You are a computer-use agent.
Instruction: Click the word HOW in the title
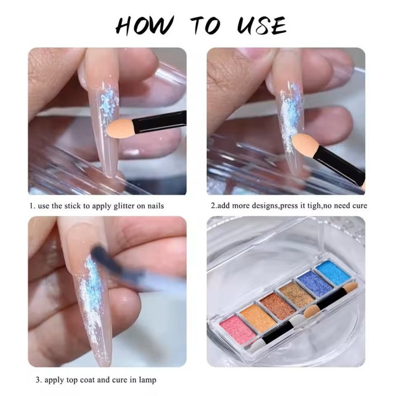click(x=145, y=26)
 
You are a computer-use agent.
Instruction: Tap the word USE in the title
click(x=261, y=26)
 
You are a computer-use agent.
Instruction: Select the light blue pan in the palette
click(x=333, y=273)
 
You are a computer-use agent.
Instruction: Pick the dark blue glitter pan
click(x=315, y=285)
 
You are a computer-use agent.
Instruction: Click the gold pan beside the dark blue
click(x=296, y=295)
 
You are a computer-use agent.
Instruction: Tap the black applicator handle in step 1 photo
click(x=159, y=122)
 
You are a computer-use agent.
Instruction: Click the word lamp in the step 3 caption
click(x=147, y=380)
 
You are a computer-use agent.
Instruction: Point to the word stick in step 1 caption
click(x=72, y=206)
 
